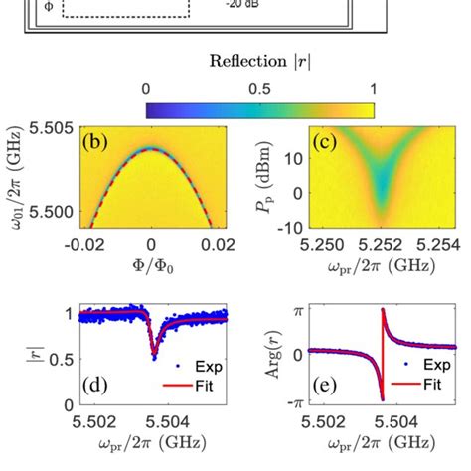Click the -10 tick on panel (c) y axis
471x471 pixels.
(291, 225)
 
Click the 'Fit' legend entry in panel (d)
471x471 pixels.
(204, 384)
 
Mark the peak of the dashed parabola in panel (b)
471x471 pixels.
(151, 148)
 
